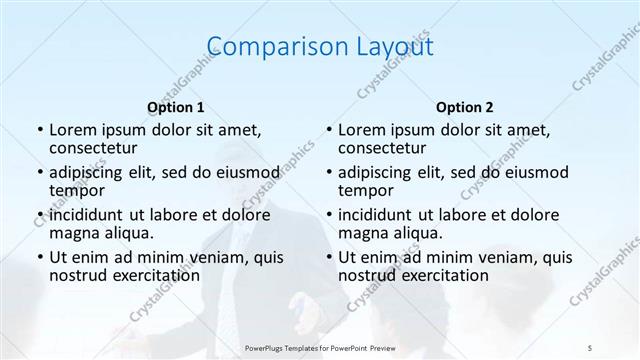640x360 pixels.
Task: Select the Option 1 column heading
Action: click(x=175, y=106)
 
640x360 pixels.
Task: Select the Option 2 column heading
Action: click(x=464, y=106)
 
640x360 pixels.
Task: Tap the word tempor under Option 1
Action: click(x=75, y=191)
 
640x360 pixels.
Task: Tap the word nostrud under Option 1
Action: click(x=77, y=276)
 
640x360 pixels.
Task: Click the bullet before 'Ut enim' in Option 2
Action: click(x=328, y=258)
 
